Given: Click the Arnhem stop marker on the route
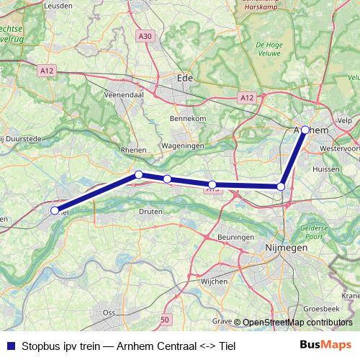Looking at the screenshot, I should pyautogui.click(x=305, y=130).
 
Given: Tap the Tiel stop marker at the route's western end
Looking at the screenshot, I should pyautogui.click(x=54, y=210).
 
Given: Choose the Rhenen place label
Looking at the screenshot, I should pyautogui.click(x=134, y=150).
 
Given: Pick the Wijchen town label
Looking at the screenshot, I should pyautogui.click(x=214, y=282).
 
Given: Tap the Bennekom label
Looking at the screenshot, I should pyautogui.click(x=188, y=117).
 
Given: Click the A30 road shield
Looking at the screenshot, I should pyautogui.click(x=145, y=35).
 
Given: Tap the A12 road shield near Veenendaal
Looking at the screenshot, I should pyautogui.click(x=46, y=70).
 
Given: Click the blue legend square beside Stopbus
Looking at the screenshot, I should pyautogui.click(x=9, y=346).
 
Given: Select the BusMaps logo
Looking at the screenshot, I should pyautogui.click(x=324, y=345).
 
